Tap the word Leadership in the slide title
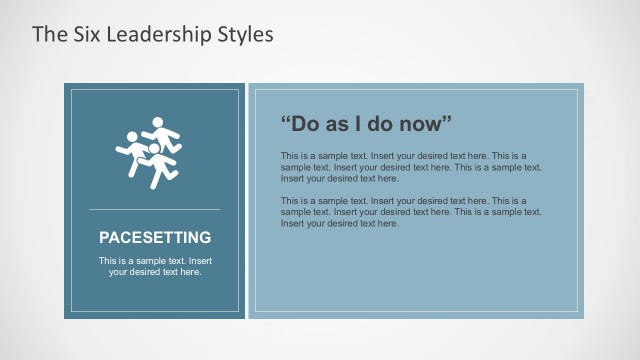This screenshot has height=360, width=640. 157,34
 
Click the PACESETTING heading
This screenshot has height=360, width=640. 155,238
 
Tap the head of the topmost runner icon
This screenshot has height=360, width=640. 156,123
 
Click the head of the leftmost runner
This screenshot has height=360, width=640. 130,136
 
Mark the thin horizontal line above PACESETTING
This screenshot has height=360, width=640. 155,209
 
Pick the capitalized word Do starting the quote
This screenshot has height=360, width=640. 306,124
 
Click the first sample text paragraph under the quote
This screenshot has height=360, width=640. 410,167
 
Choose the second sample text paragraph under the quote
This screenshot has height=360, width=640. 410,212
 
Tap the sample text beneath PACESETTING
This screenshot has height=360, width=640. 155,266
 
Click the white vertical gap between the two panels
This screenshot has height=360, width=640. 246,200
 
